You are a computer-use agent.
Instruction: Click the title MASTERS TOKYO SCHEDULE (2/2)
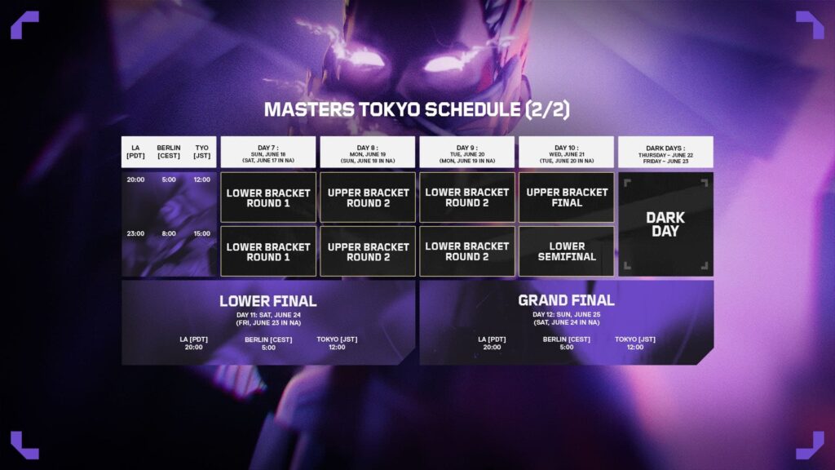point(417,109)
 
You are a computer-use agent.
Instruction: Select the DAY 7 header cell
point(268,152)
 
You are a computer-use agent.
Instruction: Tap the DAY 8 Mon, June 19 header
point(368,152)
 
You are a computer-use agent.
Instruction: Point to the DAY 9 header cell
point(467,152)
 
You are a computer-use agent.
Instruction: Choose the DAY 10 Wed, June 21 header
point(567,152)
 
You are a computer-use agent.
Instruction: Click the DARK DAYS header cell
point(665,152)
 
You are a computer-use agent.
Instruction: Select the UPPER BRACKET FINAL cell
point(567,197)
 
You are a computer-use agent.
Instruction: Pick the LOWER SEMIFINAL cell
point(567,251)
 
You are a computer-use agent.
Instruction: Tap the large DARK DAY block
point(665,224)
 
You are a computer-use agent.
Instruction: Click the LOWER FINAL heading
point(267,301)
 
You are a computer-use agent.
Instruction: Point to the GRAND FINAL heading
point(566,301)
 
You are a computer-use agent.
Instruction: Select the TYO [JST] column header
point(201,152)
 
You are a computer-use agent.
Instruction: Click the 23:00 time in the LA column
point(135,233)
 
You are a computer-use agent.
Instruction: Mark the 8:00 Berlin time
point(169,233)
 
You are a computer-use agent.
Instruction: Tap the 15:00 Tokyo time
point(201,233)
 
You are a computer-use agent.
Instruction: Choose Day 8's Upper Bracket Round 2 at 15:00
point(368,251)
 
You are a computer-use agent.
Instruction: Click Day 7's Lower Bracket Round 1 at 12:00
point(268,197)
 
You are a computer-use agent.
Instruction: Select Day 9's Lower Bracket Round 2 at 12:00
point(467,197)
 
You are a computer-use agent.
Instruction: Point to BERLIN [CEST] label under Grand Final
point(566,339)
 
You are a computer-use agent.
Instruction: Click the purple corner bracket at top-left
point(24,24)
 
